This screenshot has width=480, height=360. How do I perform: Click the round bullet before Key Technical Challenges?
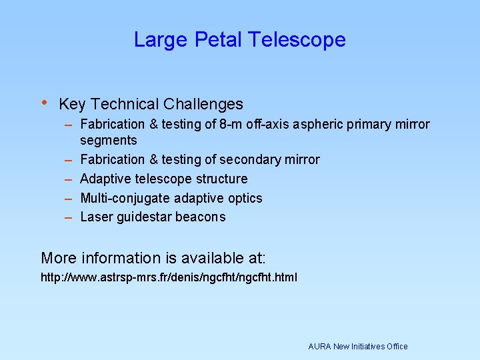point(44,103)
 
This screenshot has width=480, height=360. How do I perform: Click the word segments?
point(109,141)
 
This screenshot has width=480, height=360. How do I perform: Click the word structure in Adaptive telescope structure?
point(221,179)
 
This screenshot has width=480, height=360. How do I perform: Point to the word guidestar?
point(143,217)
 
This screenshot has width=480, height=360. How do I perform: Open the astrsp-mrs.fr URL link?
point(169,277)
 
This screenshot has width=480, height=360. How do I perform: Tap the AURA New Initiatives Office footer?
point(357,347)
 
